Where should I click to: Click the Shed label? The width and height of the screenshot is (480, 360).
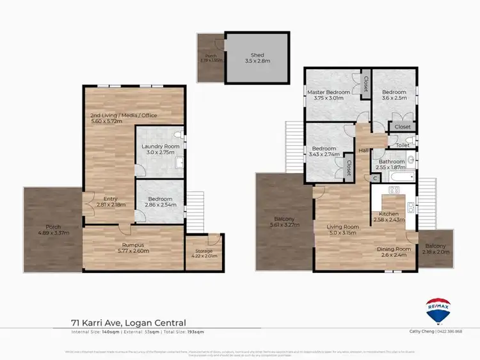click(257, 56)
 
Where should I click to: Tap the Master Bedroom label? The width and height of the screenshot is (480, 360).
click(332, 92)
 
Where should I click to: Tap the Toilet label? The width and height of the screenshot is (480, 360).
click(403, 146)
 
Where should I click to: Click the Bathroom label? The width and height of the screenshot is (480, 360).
click(392, 162)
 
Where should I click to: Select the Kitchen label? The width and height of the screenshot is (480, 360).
click(390, 214)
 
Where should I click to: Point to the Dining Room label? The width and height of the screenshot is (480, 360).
click(394, 249)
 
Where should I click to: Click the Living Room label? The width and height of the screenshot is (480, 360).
click(342, 225)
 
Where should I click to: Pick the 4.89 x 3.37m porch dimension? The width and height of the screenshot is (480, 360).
click(53, 232)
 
